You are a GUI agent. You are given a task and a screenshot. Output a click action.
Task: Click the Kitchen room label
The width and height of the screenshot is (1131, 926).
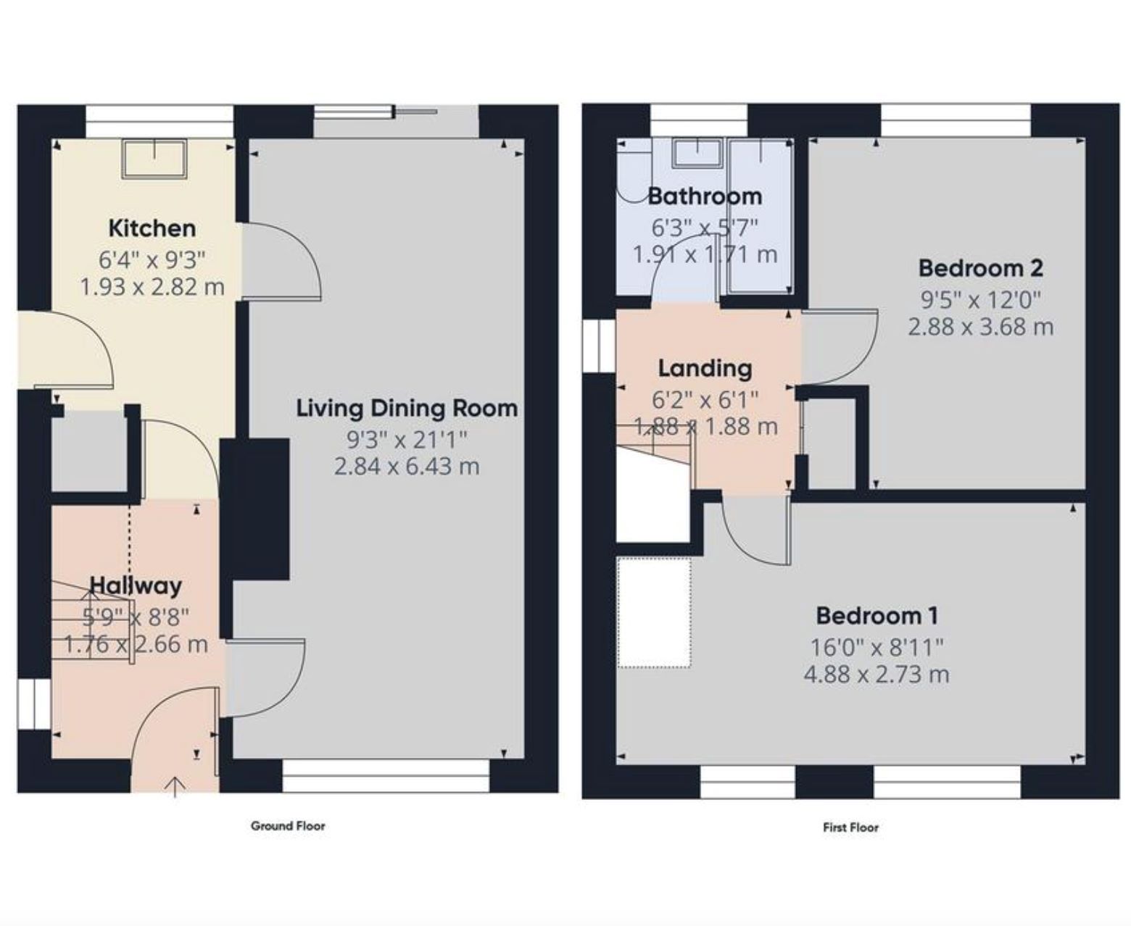click(152, 229)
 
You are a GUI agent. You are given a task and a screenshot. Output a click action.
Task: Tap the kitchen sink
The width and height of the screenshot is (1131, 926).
click(155, 159)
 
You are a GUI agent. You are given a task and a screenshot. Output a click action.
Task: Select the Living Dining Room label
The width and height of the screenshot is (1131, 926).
click(407, 409)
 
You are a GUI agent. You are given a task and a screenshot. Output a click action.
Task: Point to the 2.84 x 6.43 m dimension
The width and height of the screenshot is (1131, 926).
click(407, 466)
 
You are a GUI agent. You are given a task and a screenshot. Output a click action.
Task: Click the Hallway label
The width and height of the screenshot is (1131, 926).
click(136, 585)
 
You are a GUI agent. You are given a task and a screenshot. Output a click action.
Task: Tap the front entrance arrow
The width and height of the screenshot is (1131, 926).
click(175, 788)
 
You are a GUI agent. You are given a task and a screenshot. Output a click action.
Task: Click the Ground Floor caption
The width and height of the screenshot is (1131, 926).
click(288, 826)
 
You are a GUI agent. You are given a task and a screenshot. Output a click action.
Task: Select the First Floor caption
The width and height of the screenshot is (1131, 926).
click(850, 827)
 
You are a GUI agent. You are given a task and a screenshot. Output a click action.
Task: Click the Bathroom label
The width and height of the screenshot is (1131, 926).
click(705, 196)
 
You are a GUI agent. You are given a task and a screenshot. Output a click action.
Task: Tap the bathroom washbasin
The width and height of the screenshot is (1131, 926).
click(697, 154)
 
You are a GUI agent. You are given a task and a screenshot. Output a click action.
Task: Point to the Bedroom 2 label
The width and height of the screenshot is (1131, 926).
click(981, 269)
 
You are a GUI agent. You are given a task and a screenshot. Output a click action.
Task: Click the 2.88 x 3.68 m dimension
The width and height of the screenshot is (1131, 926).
click(981, 326)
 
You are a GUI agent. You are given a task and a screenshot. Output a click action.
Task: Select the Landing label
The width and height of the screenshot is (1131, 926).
click(705, 369)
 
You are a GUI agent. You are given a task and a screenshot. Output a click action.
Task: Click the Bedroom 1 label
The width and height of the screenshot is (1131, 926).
click(877, 617)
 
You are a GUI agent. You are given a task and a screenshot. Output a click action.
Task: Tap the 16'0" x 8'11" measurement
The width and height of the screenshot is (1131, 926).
click(877, 647)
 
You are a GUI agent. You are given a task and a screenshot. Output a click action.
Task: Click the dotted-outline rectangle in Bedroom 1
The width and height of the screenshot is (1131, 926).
click(654, 612)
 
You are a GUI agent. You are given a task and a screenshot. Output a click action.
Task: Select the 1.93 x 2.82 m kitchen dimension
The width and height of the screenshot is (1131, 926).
click(152, 287)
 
